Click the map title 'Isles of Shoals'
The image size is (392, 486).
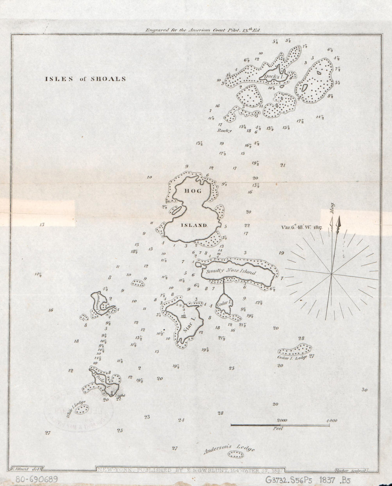coord(85,79)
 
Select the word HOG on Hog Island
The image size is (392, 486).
coord(192,191)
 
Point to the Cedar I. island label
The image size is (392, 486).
coord(224,305)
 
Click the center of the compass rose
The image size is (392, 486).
coord(331,274)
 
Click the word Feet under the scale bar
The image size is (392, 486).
coord(278,429)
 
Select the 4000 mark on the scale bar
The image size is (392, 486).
coord(331,420)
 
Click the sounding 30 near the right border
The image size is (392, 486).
coord(364,390)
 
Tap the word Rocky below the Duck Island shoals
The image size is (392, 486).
coord(225,131)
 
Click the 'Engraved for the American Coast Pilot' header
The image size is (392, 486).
coord(203,30)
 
